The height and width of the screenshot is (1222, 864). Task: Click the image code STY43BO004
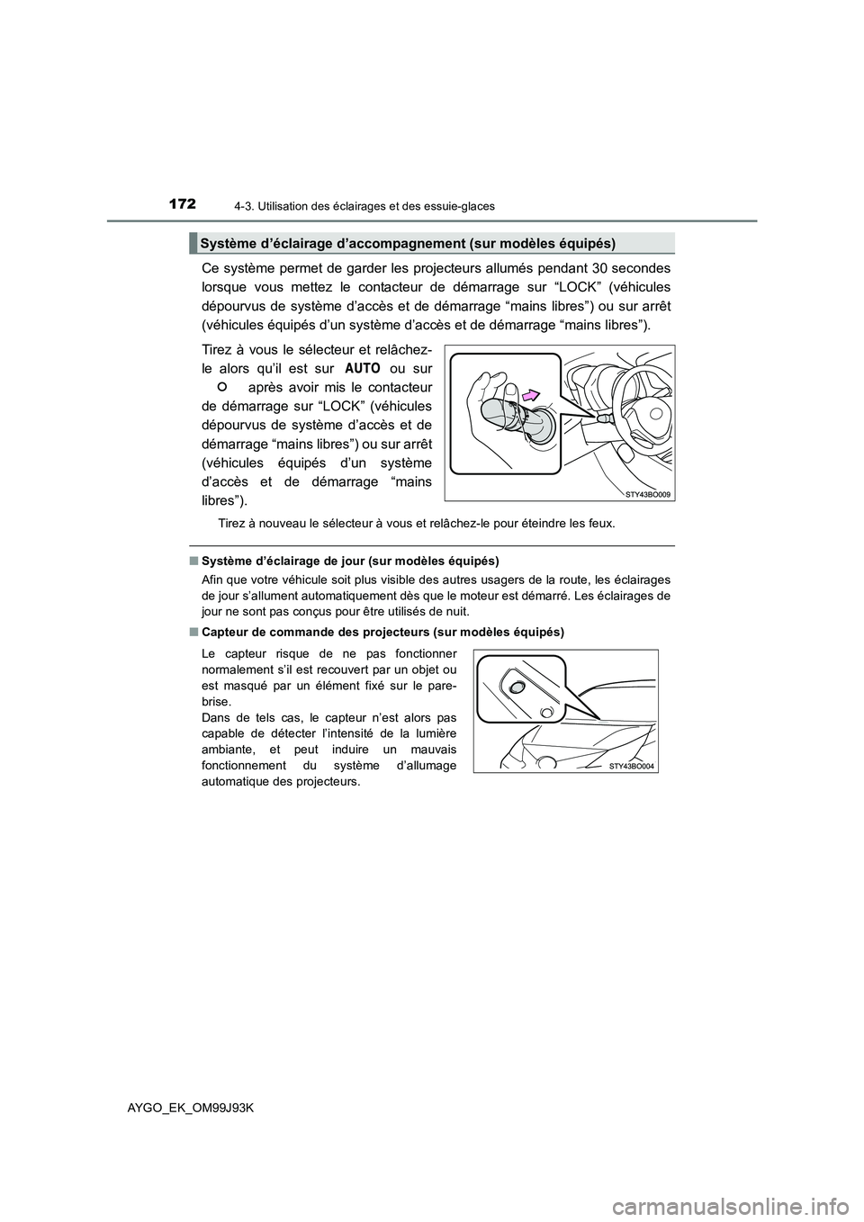click(x=630, y=766)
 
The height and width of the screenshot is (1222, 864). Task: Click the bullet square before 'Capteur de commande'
click(x=193, y=633)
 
